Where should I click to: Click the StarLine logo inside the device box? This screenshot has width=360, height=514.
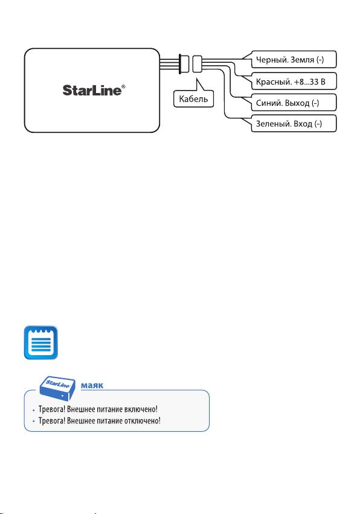(94, 90)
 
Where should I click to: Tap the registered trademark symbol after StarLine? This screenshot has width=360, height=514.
(123, 87)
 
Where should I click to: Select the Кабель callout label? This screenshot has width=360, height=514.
(193, 98)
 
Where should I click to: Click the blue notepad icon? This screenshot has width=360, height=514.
(41, 342)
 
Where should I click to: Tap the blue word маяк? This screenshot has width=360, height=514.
(92, 385)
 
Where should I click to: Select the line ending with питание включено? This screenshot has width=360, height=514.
(98, 409)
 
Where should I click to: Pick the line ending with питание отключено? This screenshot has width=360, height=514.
(99, 420)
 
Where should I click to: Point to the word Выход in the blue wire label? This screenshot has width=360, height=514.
(297, 103)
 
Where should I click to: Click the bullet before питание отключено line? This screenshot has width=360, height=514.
(33, 421)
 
